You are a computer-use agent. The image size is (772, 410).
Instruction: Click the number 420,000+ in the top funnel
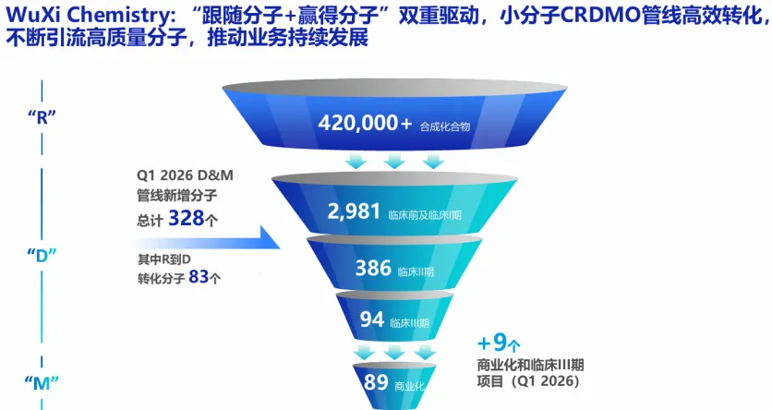coord(365,123)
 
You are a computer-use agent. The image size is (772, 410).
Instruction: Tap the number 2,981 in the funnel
coord(354,211)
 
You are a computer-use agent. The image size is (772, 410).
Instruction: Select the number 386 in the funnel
coord(373,268)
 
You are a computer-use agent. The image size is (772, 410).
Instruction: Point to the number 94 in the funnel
coord(372,320)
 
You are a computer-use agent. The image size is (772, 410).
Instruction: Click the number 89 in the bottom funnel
coord(376,382)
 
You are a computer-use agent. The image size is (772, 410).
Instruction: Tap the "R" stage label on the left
coord(42,117)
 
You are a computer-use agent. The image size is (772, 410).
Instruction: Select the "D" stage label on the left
coord(42,255)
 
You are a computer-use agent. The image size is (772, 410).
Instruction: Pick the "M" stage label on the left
coord(42,383)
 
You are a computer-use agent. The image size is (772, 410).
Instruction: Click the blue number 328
coord(187,218)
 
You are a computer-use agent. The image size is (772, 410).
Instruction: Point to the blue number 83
coord(199,277)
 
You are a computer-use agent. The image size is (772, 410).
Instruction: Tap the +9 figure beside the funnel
coord(492,343)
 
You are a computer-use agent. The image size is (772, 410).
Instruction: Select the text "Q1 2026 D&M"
coord(185,175)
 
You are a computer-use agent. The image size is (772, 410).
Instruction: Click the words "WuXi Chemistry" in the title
coord(92,16)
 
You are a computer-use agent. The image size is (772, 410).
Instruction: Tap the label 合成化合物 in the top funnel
coord(445,127)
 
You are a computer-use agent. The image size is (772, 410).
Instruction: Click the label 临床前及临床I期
coord(425,215)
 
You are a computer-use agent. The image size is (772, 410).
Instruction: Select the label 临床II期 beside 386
coord(416,271)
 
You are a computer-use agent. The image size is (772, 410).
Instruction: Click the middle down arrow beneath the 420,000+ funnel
coord(394,161)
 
